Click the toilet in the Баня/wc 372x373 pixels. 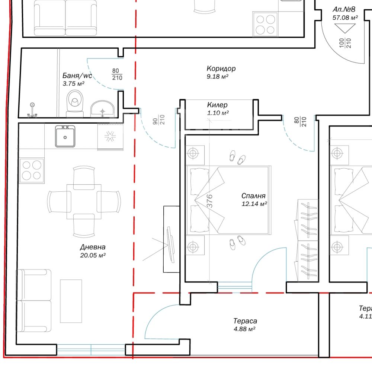coord(75,104)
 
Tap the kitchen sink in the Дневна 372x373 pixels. coord(65,136)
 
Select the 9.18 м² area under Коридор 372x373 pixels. coord(218,77)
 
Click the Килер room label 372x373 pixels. coord(217,105)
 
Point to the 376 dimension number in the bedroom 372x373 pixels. coord(209,201)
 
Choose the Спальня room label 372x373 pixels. coord(253,196)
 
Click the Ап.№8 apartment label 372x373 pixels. coord(344,9)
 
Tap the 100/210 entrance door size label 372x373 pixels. coord(345,43)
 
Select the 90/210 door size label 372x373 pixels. coord(158,120)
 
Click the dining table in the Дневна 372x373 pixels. coord(84,202)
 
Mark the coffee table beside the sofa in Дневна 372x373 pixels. coord(71,301)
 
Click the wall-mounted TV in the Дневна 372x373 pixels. coord(171,245)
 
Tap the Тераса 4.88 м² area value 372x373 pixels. coord(244,329)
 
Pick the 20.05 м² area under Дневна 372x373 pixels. coord(93,255)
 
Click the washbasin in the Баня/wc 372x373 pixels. coord(102,109)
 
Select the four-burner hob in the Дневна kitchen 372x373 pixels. coord(32,170)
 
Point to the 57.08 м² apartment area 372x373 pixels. coord(345,17)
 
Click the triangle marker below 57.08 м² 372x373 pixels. coord(345,28)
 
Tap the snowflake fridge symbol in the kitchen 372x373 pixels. coord(110,137)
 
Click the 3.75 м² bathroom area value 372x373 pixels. coord(73,84)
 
